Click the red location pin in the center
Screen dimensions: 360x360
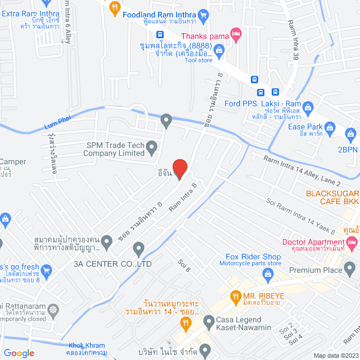coord(179,169)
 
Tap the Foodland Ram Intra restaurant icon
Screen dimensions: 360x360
coord(115,7)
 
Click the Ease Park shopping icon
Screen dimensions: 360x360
coord(331,127)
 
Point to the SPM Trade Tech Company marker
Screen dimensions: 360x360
coord(151,148)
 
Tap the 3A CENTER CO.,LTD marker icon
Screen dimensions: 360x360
coord(139,247)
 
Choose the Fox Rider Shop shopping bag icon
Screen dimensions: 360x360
coord(268,273)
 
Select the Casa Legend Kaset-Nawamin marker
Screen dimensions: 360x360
coord(209,320)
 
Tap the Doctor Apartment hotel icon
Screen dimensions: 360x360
coord(353,242)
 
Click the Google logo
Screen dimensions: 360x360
coord(19,353)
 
